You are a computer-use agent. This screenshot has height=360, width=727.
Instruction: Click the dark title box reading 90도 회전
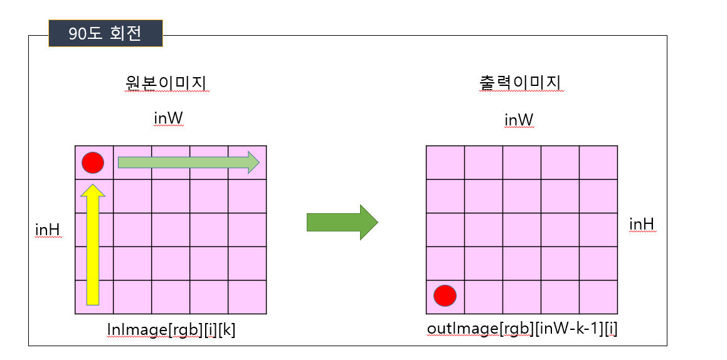tap(105, 34)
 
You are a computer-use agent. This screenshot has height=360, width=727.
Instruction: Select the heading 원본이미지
tap(166, 83)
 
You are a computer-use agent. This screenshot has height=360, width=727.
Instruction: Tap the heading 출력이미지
tap(518, 83)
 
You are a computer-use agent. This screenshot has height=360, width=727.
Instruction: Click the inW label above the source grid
tap(168, 119)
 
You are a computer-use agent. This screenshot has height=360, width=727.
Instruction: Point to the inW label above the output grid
tap(519, 119)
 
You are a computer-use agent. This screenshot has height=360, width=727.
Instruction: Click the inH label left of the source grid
tap(48, 230)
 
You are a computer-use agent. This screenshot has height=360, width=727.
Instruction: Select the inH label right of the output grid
tap(642, 224)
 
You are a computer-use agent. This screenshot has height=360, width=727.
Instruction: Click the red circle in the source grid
tap(93, 162)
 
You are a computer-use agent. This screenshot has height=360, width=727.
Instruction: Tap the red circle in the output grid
tap(445, 295)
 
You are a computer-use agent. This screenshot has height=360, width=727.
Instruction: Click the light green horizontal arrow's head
tap(252, 162)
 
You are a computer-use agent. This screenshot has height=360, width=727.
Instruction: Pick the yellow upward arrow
tap(93, 245)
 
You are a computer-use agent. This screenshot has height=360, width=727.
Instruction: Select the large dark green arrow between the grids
tap(342, 222)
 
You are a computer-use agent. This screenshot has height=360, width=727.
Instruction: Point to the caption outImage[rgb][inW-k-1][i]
tap(522, 328)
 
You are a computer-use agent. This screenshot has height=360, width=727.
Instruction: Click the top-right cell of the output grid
tap(598, 162)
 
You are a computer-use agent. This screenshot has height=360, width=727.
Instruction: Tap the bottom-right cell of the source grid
tap(247, 297)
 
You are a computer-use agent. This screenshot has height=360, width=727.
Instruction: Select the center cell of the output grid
tap(521, 230)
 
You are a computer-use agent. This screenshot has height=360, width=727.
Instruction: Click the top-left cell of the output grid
tap(445, 162)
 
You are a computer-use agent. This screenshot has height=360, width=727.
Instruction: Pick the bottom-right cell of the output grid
tap(598, 297)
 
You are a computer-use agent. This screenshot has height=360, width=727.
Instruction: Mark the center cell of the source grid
tap(170, 230)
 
